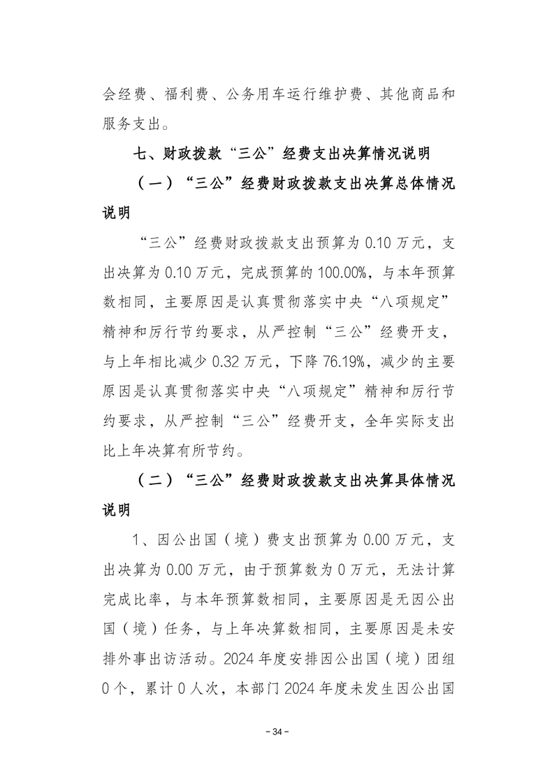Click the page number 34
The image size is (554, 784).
tap(277, 732)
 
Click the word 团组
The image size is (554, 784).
tap(441, 660)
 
